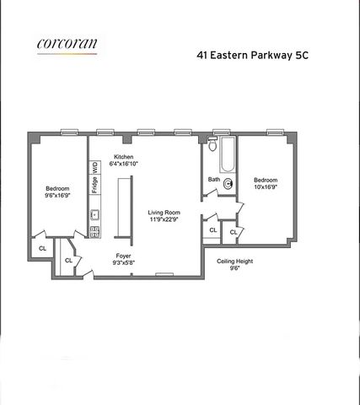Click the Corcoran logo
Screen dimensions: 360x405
(67, 45)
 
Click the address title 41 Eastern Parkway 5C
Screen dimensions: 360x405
(252, 55)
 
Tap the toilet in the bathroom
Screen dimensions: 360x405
(212, 144)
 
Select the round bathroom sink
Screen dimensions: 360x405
(228, 184)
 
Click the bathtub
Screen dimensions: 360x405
(228, 154)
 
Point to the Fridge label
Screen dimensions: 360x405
(94, 185)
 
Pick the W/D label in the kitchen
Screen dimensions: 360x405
(95, 168)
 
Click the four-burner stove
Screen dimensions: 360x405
(94, 232)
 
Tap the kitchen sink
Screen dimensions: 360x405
(94, 215)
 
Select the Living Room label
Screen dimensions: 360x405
(164, 213)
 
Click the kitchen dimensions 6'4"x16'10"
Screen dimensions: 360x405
(124, 164)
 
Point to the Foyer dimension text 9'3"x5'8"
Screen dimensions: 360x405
(124, 262)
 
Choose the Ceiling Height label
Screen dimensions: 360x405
(235, 262)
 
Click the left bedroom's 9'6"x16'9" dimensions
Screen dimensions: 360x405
(57, 195)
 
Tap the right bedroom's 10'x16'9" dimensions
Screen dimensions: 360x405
(266, 186)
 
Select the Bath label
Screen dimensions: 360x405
(214, 179)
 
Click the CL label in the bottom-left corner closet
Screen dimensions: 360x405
(42, 248)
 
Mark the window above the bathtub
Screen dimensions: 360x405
(222, 132)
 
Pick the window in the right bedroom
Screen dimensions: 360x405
(276, 132)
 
